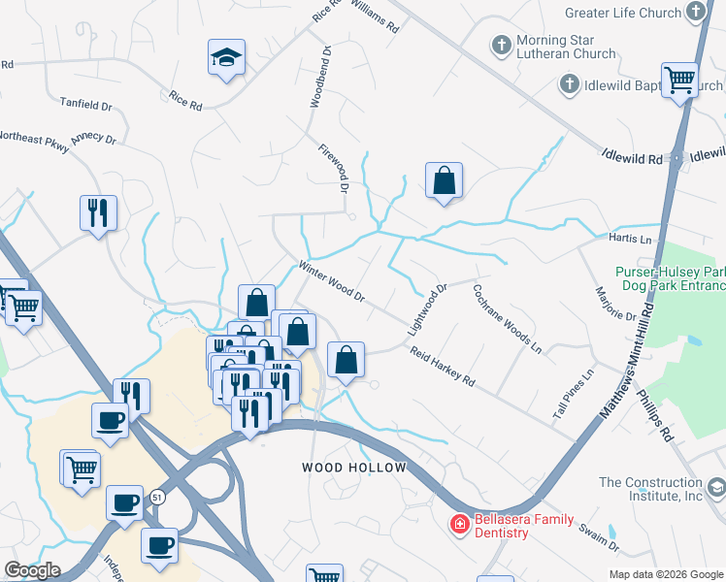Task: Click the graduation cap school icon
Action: click(x=226, y=58)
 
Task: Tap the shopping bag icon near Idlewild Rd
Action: click(x=444, y=180)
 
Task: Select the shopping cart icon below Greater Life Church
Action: click(x=679, y=80)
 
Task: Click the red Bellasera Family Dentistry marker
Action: click(x=458, y=525)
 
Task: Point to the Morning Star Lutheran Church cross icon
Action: click(x=501, y=46)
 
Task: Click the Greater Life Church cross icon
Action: click(x=696, y=12)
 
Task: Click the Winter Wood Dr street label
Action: click(x=331, y=281)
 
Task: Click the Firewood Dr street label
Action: click(x=333, y=167)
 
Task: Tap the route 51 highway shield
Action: click(x=156, y=498)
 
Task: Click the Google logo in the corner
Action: click(x=32, y=570)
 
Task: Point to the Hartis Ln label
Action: click(x=631, y=238)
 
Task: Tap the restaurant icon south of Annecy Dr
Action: click(x=98, y=213)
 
